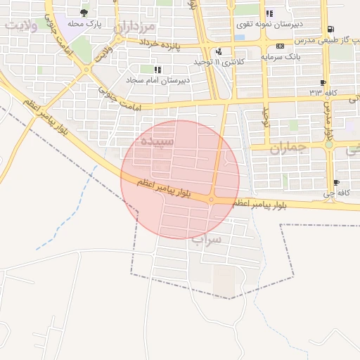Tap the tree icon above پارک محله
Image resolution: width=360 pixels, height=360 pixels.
84,12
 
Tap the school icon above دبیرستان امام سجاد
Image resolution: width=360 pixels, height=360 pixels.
157,70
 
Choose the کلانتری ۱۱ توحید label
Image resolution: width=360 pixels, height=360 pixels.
213,62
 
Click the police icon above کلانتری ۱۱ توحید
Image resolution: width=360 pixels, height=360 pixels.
219,51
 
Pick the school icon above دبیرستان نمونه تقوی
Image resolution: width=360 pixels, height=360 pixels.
269,13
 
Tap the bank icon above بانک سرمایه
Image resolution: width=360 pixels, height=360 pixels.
281,46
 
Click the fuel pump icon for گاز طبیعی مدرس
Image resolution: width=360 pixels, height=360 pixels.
330,30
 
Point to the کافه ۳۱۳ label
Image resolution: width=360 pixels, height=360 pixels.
324,92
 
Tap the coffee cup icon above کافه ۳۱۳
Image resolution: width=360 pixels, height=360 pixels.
326,82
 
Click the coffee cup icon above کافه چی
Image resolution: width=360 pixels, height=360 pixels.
336,183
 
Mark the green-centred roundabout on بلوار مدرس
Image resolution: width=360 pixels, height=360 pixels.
328,144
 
